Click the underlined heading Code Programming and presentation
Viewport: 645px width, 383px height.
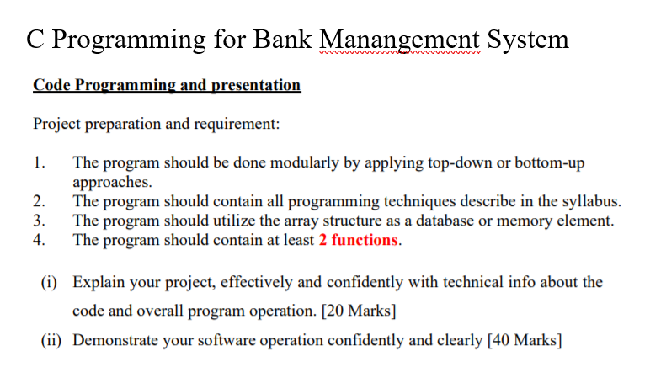tap(167, 85)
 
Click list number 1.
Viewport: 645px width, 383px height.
tap(38, 162)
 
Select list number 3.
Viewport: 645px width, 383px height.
tap(38, 221)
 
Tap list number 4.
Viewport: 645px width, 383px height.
tap(38, 240)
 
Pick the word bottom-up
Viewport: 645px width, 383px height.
tap(552, 162)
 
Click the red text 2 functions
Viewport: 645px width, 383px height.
tap(359, 240)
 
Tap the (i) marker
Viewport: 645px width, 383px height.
tap(51, 281)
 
